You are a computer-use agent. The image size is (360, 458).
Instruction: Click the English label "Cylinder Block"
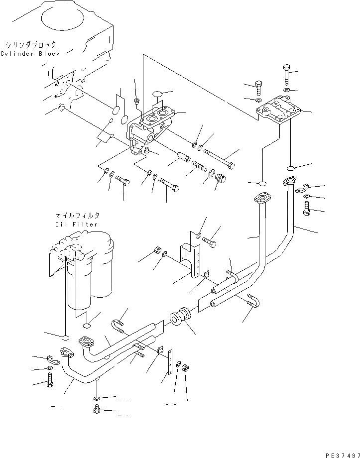[30, 54]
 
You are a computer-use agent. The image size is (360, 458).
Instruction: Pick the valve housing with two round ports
[151, 130]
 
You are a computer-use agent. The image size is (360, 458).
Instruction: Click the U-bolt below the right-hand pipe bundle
[253, 302]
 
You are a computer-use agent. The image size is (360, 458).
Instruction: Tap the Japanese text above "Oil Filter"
[77, 216]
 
